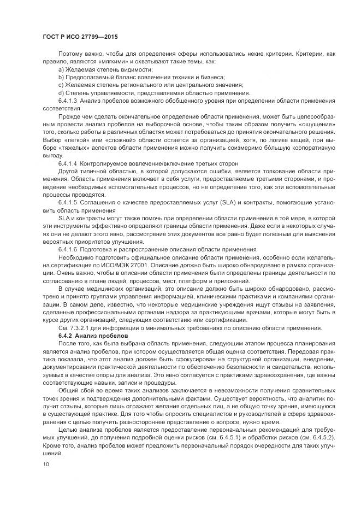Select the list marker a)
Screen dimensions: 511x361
[x=61, y=71]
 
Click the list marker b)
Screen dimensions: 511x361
[x=61, y=78]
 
